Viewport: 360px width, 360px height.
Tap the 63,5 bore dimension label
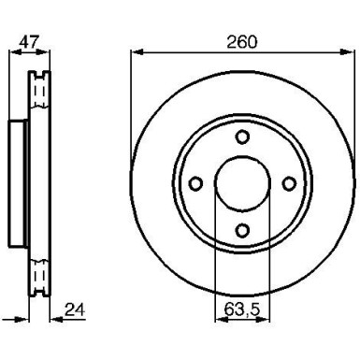coord(240,305)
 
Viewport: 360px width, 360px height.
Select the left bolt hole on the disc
coord(195,183)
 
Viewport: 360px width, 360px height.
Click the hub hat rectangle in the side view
coord(15,183)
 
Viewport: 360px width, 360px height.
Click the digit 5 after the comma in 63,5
coord(252,305)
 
